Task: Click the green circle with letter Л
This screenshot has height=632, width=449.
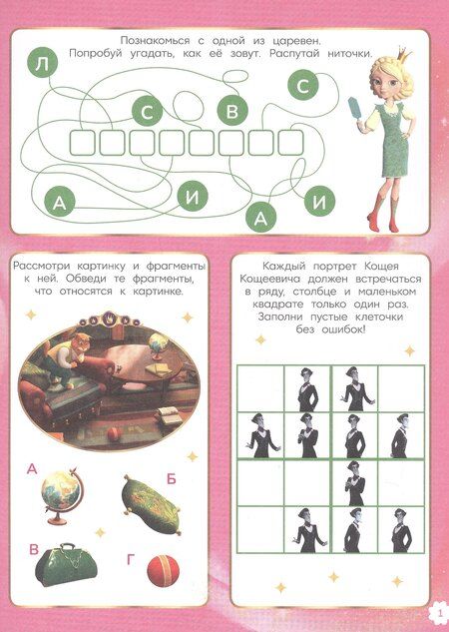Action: (42, 65)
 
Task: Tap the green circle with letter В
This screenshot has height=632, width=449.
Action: (232, 111)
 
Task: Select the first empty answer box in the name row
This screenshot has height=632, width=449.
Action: (83, 143)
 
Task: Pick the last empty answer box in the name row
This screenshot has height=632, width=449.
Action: (290, 143)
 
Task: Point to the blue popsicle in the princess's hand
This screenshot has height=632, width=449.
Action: (357, 108)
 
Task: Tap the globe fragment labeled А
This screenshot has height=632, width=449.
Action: (62, 495)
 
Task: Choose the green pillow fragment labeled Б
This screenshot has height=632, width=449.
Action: (152, 504)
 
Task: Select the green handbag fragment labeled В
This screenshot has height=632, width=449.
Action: (66, 565)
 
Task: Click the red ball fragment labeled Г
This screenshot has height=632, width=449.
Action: (163, 571)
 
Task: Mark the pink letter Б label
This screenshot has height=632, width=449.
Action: (172, 479)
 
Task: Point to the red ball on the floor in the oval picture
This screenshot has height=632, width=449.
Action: (115, 434)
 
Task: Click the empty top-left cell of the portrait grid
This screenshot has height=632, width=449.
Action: (260, 388)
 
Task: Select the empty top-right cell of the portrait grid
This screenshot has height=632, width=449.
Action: (401, 388)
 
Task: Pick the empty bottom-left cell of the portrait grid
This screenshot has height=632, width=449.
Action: (260, 529)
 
